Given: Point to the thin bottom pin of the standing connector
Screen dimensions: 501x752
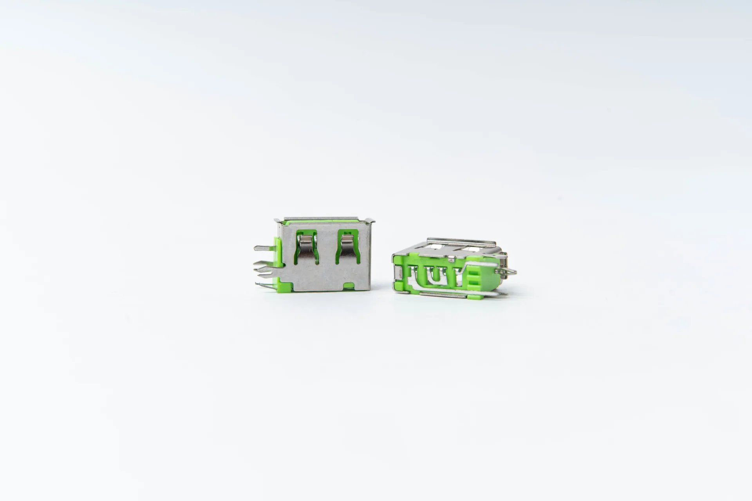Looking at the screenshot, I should tap(264, 285).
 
